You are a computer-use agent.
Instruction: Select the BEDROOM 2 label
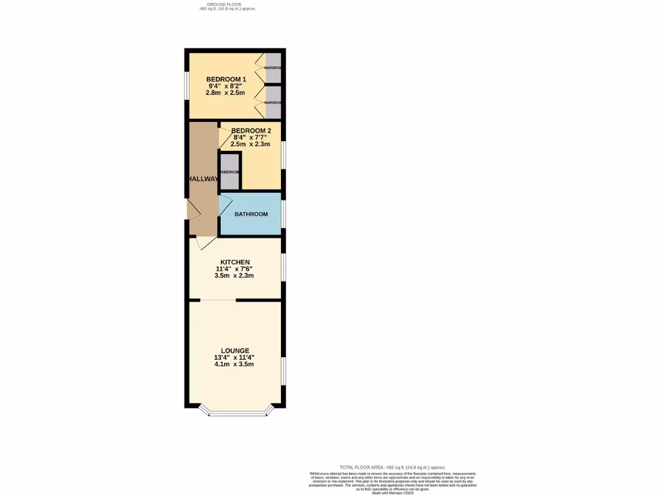click(x=251, y=131)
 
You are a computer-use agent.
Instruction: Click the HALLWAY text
click(x=202, y=179)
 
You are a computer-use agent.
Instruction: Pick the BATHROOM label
click(x=251, y=214)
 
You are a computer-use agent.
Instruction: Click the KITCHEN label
click(x=235, y=262)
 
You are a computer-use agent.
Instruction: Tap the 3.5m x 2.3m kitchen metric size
click(x=235, y=276)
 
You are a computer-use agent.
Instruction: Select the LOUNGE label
click(x=235, y=351)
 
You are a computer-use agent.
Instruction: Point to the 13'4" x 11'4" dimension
click(x=235, y=358)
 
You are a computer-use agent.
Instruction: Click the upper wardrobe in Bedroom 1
click(x=273, y=68)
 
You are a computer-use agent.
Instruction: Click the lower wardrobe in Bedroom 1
click(x=273, y=102)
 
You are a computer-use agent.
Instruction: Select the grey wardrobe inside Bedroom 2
click(x=229, y=172)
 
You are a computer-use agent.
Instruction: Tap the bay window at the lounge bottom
click(x=235, y=413)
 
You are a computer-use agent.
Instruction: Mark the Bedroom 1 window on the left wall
click(x=187, y=85)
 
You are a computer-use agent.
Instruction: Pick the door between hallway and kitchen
click(x=206, y=242)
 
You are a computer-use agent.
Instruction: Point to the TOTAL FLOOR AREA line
click(x=393, y=467)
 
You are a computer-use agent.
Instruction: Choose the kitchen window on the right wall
click(x=282, y=267)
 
